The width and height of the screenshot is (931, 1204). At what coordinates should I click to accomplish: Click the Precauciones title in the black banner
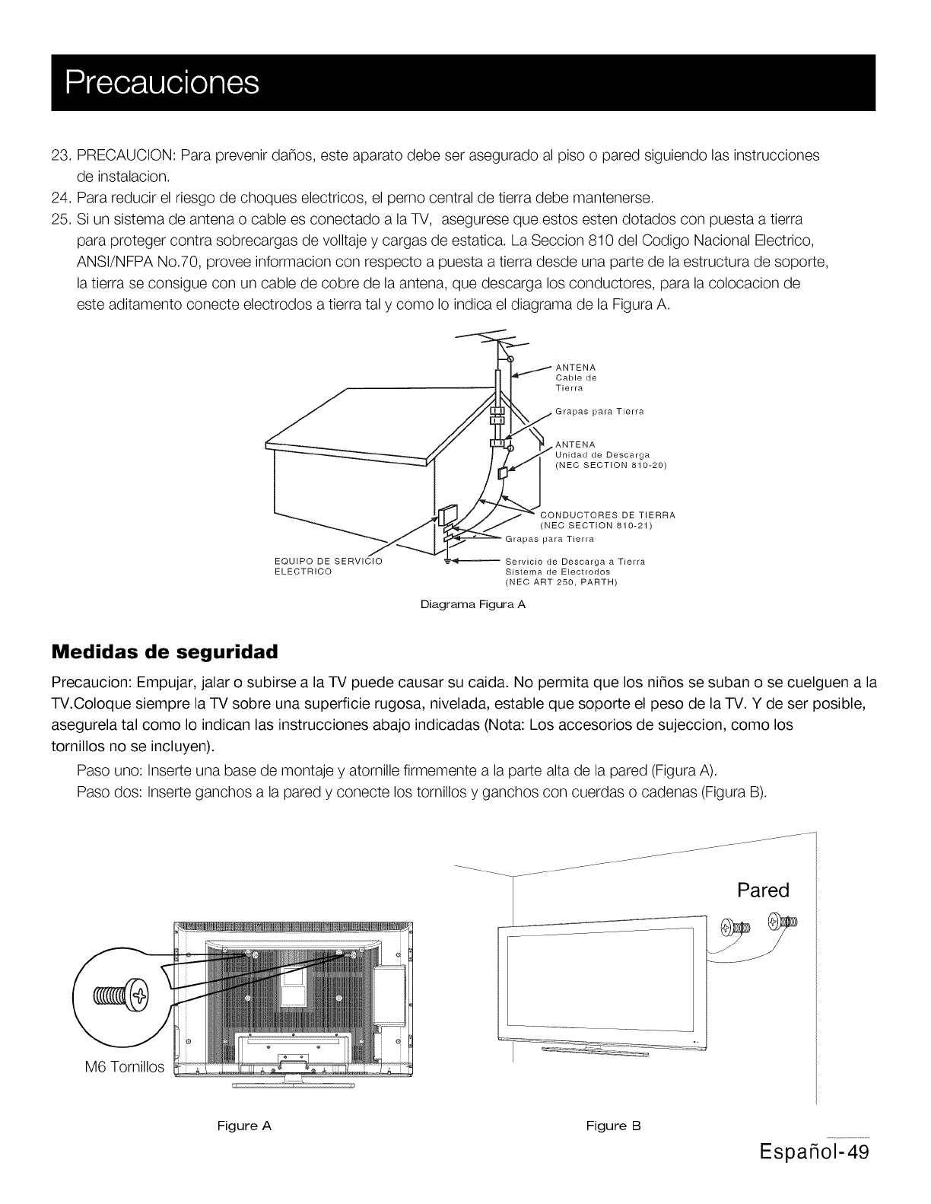point(162,82)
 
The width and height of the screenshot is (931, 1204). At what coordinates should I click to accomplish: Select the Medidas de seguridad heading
point(164,653)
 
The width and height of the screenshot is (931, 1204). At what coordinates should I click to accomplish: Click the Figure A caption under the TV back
point(244,1126)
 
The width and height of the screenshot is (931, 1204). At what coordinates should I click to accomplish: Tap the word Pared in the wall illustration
point(764,890)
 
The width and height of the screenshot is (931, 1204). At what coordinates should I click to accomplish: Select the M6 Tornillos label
point(124,1067)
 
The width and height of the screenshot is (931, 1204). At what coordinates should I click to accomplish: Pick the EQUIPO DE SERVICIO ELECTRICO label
point(327,567)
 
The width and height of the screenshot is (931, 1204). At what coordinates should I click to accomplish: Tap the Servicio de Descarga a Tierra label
point(575,562)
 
